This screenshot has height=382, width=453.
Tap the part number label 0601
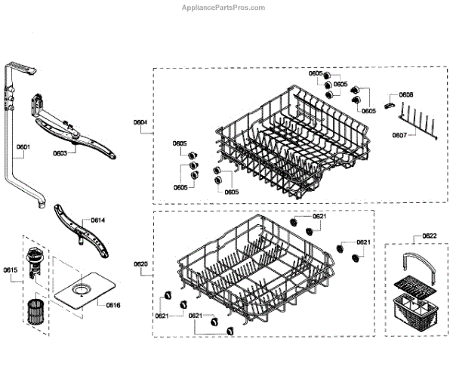[x=23, y=146]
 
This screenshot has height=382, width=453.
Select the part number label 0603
[x=60, y=153]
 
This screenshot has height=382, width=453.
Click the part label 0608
[x=405, y=94]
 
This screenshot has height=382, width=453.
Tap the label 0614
[x=98, y=220]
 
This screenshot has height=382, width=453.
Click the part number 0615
[x=10, y=270]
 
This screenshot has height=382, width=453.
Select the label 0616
[x=113, y=304]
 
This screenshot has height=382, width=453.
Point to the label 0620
[x=140, y=263]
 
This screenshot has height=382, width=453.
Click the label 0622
[x=429, y=236]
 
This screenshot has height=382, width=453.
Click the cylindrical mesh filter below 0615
[x=34, y=311]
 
